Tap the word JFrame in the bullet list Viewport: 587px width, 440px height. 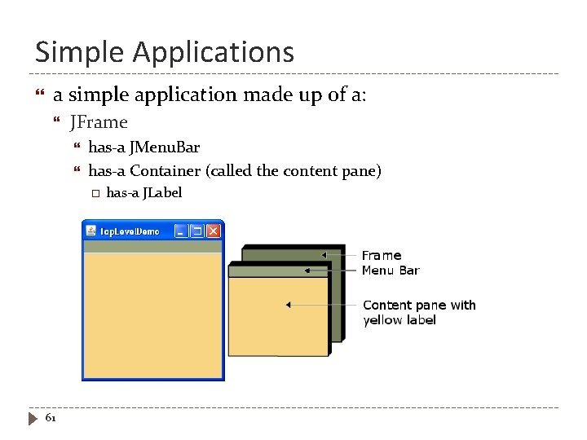coord(99,123)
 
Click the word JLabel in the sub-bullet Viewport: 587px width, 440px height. coord(162,193)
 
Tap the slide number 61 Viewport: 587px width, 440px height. coord(51,418)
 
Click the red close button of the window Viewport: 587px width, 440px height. coord(214,231)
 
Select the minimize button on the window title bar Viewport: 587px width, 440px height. coord(182,231)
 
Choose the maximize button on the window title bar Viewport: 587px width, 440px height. coord(197,231)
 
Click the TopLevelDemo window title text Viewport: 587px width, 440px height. coord(130,231)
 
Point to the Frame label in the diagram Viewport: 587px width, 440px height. coord(382,255)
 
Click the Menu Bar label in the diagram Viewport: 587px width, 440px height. coord(391,271)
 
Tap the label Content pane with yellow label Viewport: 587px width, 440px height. coord(418,312)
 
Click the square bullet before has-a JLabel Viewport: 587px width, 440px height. coord(95,193)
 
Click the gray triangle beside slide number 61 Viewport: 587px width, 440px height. coord(33,419)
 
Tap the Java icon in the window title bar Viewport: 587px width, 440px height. coord(91,231)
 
